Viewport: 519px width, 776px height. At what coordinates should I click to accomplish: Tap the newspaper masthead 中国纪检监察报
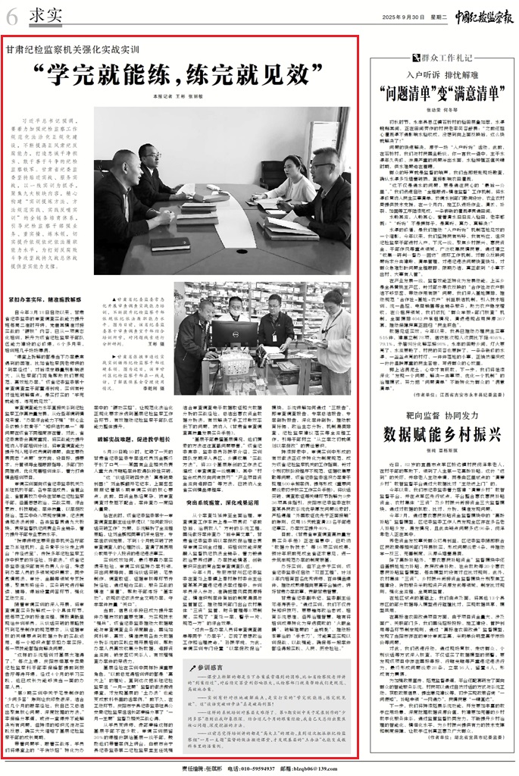pyautogui.click(x=475, y=15)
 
